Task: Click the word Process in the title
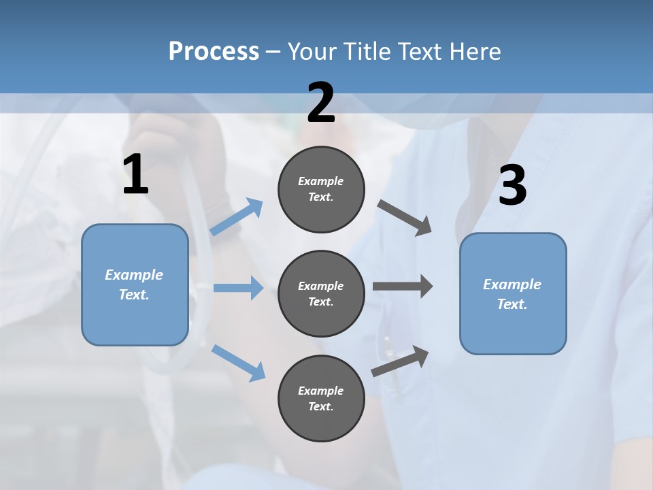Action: pyautogui.click(x=214, y=52)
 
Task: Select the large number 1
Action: pyautogui.click(x=135, y=175)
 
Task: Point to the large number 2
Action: pyautogui.click(x=321, y=103)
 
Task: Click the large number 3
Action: pyautogui.click(x=512, y=186)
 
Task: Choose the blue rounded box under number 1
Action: pyautogui.click(x=135, y=284)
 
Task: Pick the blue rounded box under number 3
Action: pyautogui.click(x=513, y=293)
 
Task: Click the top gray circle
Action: pyautogui.click(x=321, y=189)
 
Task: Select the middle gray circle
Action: pyautogui.click(x=321, y=293)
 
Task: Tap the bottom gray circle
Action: pyautogui.click(x=321, y=398)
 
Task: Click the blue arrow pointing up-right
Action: pyautogui.click(x=237, y=217)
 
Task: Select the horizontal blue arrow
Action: pyautogui.click(x=238, y=288)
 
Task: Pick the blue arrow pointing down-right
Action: pyautogui.click(x=238, y=363)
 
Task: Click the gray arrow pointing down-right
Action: pyautogui.click(x=405, y=218)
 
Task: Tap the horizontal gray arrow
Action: pyautogui.click(x=403, y=286)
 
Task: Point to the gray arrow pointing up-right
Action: pyautogui.click(x=400, y=361)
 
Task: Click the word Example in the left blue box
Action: pyautogui.click(x=134, y=275)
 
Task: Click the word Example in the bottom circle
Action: pyautogui.click(x=320, y=391)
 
